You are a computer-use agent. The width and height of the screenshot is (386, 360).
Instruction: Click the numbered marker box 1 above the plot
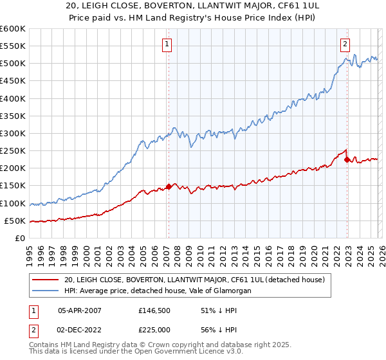coord(167,44)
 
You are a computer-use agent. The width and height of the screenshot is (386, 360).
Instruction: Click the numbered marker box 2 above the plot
coord(345,44)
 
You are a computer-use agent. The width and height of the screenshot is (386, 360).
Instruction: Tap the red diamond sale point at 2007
coord(169,186)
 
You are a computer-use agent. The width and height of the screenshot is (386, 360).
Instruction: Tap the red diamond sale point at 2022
coord(347,159)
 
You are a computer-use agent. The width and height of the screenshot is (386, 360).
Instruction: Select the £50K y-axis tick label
coord(15,221)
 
